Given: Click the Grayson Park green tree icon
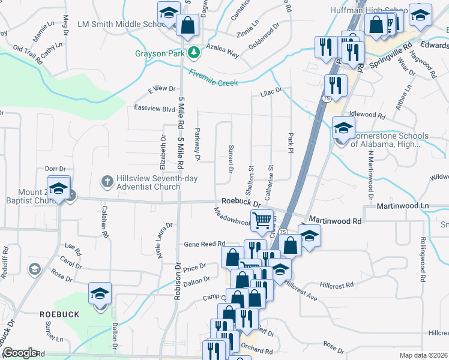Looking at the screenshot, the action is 193,53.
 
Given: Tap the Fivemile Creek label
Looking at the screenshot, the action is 213,78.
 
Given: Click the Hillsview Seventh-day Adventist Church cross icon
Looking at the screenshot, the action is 107,181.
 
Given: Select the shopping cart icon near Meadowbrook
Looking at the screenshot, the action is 262,220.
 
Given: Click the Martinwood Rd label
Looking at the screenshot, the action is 334,221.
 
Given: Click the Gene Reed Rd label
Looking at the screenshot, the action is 204,244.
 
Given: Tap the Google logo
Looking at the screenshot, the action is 20,353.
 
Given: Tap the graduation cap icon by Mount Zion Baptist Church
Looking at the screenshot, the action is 59,188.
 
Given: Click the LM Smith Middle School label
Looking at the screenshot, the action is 122,25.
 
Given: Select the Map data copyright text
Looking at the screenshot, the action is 423,355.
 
